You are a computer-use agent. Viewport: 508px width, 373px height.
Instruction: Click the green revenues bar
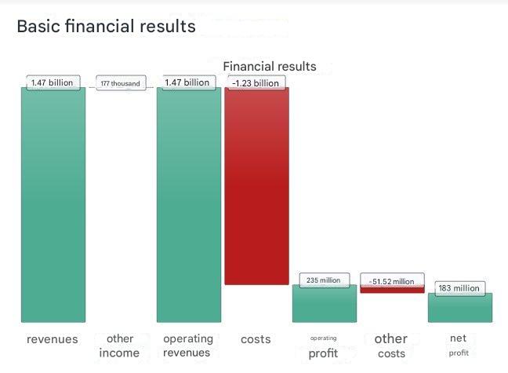tap(53, 204)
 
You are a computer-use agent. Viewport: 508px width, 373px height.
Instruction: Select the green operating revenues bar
tap(188, 204)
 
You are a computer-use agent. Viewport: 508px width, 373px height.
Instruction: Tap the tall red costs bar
tap(256, 185)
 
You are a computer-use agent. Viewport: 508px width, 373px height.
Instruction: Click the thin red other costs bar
tap(392, 290)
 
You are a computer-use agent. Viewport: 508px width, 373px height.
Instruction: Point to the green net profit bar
tap(460, 308)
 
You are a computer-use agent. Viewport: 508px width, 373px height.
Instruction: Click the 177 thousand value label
tap(121, 83)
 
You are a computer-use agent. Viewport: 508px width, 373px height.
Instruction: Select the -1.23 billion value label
tap(256, 82)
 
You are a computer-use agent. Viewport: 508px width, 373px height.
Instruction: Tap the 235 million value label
tap(324, 280)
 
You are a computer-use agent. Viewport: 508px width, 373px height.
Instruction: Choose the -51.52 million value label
tap(392, 281)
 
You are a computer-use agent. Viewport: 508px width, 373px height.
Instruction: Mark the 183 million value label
tap(459, 288)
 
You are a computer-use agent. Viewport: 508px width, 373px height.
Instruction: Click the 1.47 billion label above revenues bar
tap(53, 82)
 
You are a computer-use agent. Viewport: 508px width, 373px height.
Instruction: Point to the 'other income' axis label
tap(120, 346)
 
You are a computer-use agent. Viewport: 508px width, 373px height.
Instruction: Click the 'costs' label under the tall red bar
tap(256, 339)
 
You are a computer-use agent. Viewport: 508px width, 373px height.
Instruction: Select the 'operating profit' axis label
tap(323, 347)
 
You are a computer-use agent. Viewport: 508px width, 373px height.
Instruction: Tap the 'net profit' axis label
tap(459, 345)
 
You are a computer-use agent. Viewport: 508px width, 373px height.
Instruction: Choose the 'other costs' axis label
tap(391, 346)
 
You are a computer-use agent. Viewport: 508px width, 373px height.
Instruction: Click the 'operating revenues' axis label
tap(188, 346)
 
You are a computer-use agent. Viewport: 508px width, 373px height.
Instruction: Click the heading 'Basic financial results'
tap(106, 27)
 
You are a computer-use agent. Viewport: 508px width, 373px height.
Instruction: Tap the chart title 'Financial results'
tap(270, 67)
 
